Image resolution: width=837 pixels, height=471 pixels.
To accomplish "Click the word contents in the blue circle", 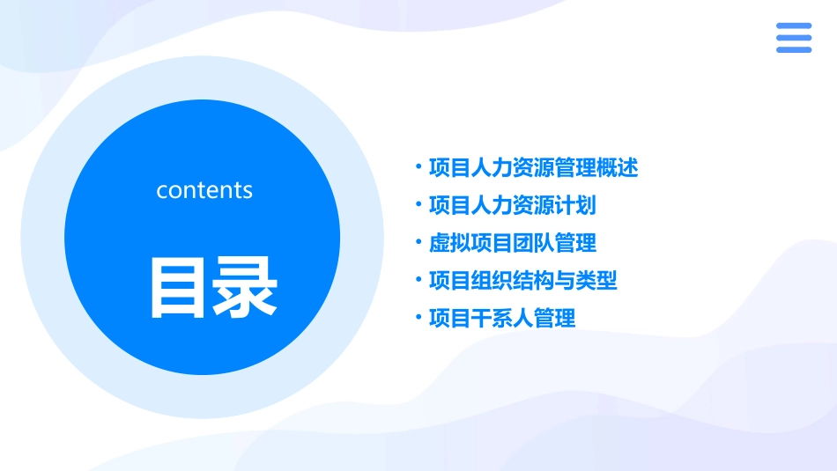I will click(x=204, y=190).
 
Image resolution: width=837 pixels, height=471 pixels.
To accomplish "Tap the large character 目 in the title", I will click(x=180, y=288).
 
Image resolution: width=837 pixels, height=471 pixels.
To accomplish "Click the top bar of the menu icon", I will click(x=793, y=26).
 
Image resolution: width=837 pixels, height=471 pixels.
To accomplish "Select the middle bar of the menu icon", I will click(x=793, y=38).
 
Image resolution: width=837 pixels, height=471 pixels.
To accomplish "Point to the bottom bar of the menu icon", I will click(x=793, y=49).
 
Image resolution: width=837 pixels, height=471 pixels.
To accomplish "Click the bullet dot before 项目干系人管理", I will click(x=418, y=317).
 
